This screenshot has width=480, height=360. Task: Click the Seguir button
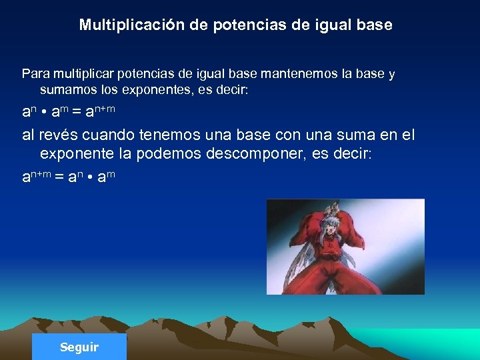pos(79,347)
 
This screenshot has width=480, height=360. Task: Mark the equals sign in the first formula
pos(75,111)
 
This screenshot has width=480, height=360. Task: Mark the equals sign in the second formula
pos(59,177)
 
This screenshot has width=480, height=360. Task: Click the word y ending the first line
pos(392,74)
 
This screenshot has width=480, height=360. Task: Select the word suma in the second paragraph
pos(340,135)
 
